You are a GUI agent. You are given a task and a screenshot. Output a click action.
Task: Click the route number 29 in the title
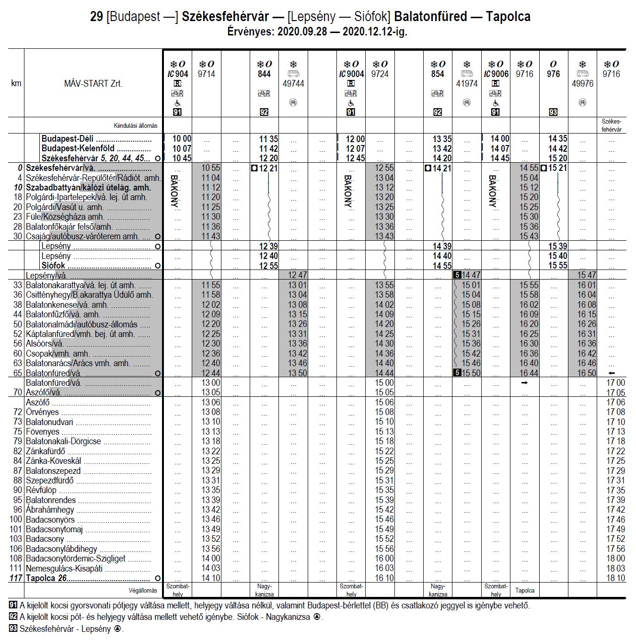pos(96,17)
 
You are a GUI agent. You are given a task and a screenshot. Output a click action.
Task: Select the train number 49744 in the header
pos(293,84)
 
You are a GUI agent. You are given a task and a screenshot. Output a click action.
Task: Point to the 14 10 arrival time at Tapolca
pos(211,578)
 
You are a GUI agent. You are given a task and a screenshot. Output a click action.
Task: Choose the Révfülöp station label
pos(41,490)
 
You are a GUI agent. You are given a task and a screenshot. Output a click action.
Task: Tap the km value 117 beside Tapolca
pos(16,578)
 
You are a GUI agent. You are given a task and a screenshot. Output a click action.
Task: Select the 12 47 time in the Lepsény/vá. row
pos(297,275)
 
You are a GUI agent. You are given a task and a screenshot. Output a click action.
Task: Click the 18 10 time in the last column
pos(615,578)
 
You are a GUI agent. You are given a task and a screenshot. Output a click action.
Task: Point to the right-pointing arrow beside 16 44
pos(524,383)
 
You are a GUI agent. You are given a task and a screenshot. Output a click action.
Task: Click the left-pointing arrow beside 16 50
pos(611,373)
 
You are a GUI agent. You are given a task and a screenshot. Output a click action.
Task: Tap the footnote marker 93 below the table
pos(13,629)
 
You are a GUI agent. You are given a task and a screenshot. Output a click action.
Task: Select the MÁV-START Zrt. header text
pos(93,84)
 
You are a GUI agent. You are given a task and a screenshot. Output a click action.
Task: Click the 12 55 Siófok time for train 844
pos(268,266)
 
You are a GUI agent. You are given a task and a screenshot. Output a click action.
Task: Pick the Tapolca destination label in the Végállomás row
pos(525,590)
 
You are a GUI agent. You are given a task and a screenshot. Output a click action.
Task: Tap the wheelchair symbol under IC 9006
pos(496,103)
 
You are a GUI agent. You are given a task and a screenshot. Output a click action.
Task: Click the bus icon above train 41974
pos(467,74)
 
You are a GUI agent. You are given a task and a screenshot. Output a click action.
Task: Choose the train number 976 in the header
pos(553,74)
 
